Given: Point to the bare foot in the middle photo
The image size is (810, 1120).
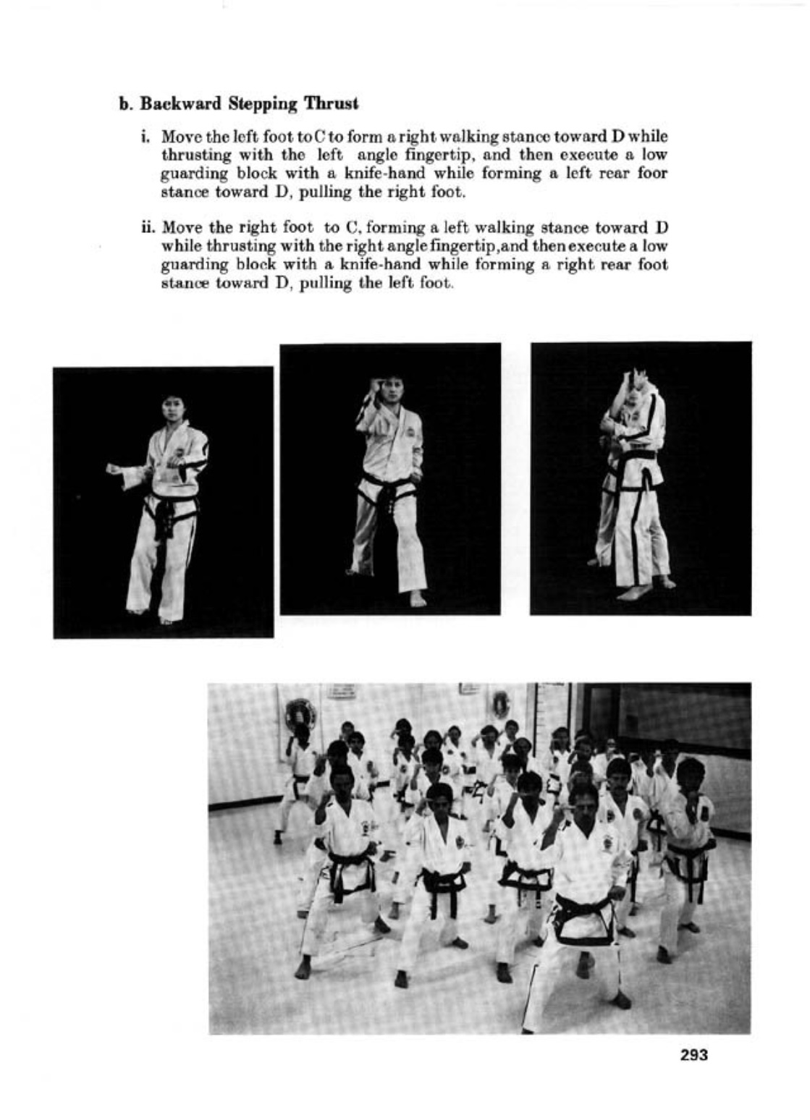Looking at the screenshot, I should coord(418,599).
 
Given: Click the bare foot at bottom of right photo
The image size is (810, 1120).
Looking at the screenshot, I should coord(633,593).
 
